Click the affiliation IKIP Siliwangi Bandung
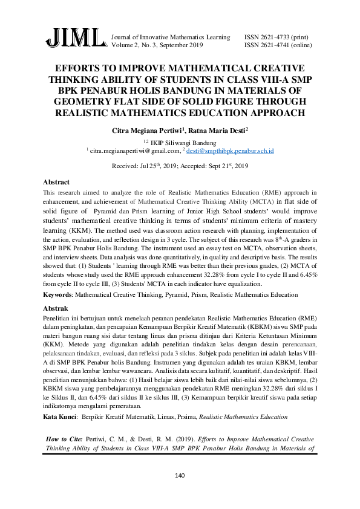coord(183,143)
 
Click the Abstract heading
coord(56,181)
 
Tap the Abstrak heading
coord(56,308)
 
